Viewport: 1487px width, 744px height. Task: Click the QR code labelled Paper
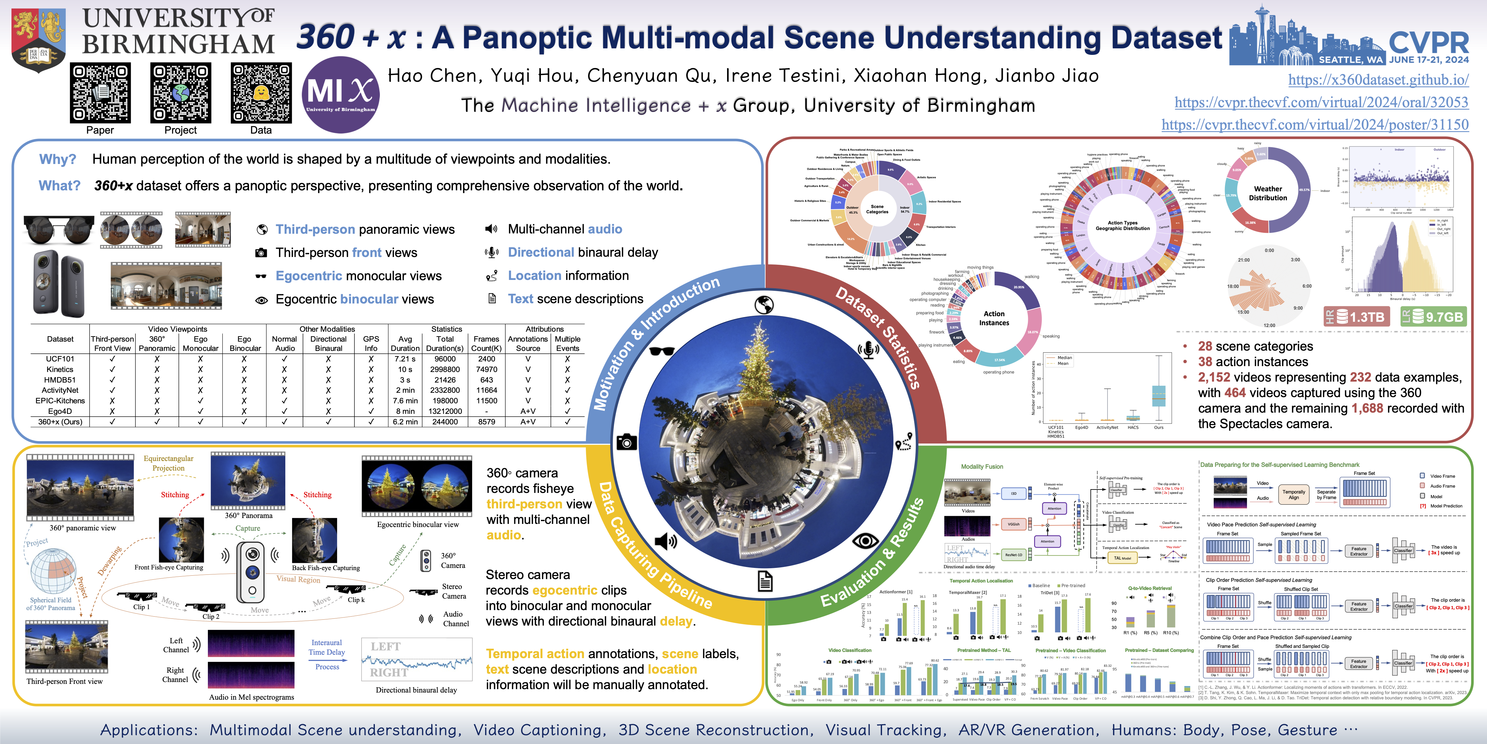[x=100, y=93]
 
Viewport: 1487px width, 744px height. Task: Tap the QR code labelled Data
[x=261, y=93]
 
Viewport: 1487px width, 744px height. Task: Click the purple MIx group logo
[x=340, y=94]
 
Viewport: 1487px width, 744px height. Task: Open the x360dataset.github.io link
[x=1379, y=80]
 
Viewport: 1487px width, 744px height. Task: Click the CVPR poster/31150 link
[x=1315, y=125]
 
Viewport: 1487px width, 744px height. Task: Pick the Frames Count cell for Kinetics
[x=487, y=369]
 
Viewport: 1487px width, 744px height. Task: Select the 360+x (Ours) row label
[x=60, y=422]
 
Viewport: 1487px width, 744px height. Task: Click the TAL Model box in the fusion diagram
[x=1122, y=558]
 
